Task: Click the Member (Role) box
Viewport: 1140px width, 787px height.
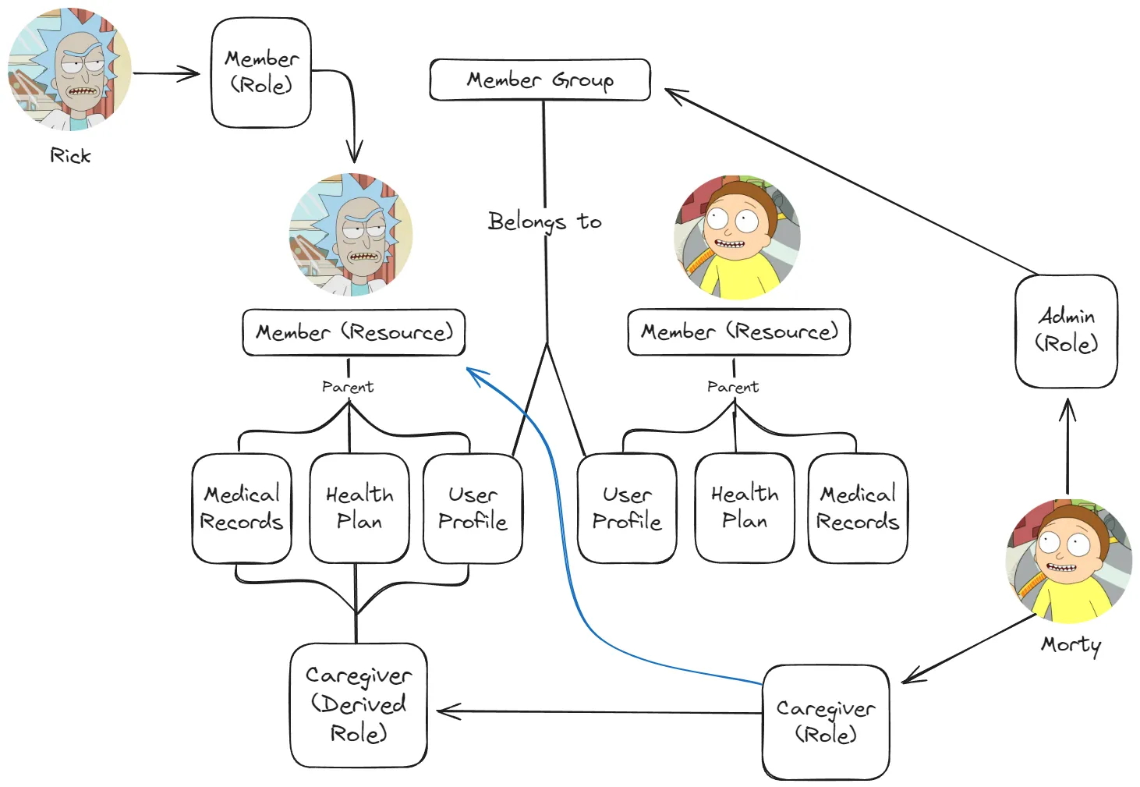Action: point(261,73)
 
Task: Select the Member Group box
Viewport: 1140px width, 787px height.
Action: point(540,80)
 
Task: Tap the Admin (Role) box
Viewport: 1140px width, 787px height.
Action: point(1066,331)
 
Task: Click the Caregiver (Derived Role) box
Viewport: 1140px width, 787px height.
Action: point(358,704)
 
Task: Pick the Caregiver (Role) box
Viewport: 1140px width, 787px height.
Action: point(826,721)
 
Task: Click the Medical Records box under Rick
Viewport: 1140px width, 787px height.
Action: point(242,508)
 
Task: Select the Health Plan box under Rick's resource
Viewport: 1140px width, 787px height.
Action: point(359,508)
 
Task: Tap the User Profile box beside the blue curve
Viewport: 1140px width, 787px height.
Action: point(473,508)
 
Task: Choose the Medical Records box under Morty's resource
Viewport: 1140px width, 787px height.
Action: point(858,508)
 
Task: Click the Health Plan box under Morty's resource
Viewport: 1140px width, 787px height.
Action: point(745,508)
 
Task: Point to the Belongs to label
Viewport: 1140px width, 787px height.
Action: point(544,222)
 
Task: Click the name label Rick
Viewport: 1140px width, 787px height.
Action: point(70,156)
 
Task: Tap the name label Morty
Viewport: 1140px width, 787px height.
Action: point(1071,644)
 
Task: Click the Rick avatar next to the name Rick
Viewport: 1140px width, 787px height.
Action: point(69,69)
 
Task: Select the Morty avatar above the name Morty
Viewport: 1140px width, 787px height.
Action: point(1068,561)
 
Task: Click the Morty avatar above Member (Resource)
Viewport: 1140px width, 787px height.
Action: point(737,237)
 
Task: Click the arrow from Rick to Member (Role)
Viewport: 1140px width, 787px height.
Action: point(166,74)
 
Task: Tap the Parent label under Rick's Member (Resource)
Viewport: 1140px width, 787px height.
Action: point(348,387)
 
